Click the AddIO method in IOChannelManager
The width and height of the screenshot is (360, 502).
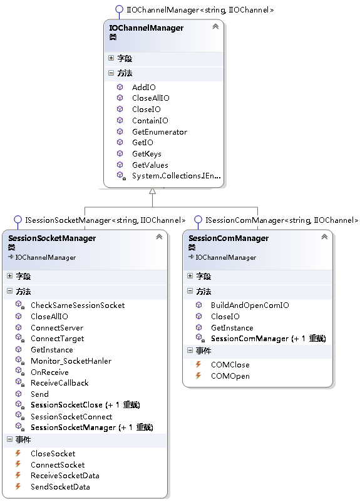point(144,87)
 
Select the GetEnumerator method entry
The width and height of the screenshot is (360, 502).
point(160,131)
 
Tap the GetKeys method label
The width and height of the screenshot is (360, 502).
point(147,154)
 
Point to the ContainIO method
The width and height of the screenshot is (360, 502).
point(150,120)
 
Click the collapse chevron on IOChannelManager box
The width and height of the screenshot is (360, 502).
point(215,26)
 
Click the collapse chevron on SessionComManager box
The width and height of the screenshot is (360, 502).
point(324,237)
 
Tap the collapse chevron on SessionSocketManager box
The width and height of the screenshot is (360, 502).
point(159,237)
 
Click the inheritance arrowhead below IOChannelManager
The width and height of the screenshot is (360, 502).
point(153,191)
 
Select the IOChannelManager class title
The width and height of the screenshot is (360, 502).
point(146,28)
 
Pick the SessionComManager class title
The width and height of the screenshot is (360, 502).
point(229,238)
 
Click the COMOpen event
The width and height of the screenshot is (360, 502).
point(230,376)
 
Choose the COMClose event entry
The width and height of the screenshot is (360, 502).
point(230,365)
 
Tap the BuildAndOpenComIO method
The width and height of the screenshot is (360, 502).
point(250,305)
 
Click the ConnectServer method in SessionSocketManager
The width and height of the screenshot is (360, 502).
point(57,328)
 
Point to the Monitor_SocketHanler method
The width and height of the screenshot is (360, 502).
point(71,361)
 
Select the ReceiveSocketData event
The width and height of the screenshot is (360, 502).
point(64,476)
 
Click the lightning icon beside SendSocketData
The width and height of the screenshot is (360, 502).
point(18,486)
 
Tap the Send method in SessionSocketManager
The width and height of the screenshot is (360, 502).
point(39,394)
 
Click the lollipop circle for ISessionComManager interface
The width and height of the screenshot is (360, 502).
point(198,219)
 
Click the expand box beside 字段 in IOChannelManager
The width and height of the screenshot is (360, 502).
point(111,58)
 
